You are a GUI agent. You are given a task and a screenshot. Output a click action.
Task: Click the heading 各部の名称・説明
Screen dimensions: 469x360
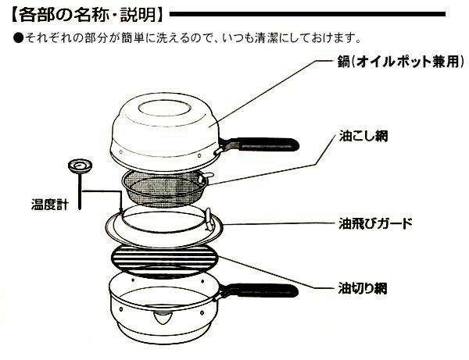[88, 14]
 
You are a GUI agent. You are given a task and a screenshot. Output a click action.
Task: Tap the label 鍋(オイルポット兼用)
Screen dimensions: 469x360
[401, 62]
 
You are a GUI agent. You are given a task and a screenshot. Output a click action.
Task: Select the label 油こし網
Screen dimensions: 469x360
[363, 136]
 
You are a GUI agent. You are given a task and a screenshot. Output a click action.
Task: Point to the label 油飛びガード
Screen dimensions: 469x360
[375, 223]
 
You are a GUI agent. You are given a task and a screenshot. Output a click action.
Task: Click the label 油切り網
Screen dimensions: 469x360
[363, 288]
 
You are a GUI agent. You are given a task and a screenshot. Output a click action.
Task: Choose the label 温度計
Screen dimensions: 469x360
[50, 205]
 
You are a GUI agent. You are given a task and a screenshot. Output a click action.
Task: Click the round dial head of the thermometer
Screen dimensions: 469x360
[80, 166]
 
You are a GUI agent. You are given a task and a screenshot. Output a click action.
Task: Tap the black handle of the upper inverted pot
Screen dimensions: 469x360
[267, 144]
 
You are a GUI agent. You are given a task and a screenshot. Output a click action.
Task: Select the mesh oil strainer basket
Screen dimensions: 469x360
[164, 188]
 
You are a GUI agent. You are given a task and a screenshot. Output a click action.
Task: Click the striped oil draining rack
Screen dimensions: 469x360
[164, 262]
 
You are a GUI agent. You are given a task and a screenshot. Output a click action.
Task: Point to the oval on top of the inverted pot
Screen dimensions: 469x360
[164, 109]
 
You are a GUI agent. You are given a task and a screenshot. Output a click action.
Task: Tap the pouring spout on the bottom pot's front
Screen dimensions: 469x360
[163, 318]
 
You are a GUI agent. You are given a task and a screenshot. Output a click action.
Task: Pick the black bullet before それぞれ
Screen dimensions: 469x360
[18, 38]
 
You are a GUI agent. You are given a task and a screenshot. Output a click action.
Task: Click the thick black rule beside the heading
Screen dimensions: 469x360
[307, 14]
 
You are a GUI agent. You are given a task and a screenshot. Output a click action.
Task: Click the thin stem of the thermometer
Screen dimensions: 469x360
[80, 191]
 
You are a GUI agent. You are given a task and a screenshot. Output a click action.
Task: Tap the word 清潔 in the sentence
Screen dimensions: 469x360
[267, 38]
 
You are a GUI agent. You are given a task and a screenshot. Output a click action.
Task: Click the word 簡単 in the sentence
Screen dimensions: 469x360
[134, 38]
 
